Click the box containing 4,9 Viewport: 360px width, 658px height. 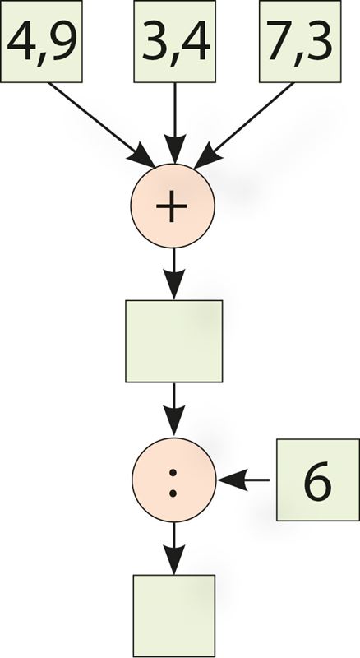coord(41,41)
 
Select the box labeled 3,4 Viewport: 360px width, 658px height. coord(174,41)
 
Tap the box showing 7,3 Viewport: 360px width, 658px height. coord(300,41)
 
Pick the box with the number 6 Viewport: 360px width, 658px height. coord(318,480)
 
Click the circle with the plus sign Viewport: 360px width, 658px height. coord(173,206)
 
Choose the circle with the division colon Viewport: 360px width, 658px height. coord(173,480)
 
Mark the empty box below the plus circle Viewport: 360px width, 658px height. coord(174,341)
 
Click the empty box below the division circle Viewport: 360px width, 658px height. coord(174,615)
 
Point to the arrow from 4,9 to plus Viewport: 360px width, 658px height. coord(101,125)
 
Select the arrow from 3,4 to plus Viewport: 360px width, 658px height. coord(174,123)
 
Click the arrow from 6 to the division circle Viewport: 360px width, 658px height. coord(243,480)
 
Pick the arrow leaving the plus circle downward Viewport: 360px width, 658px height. coord(174,274)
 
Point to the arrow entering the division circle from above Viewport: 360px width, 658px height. coord(174,410)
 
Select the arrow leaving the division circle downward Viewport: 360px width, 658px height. coord(174,549)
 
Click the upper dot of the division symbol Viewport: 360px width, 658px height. coord(173,471)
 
